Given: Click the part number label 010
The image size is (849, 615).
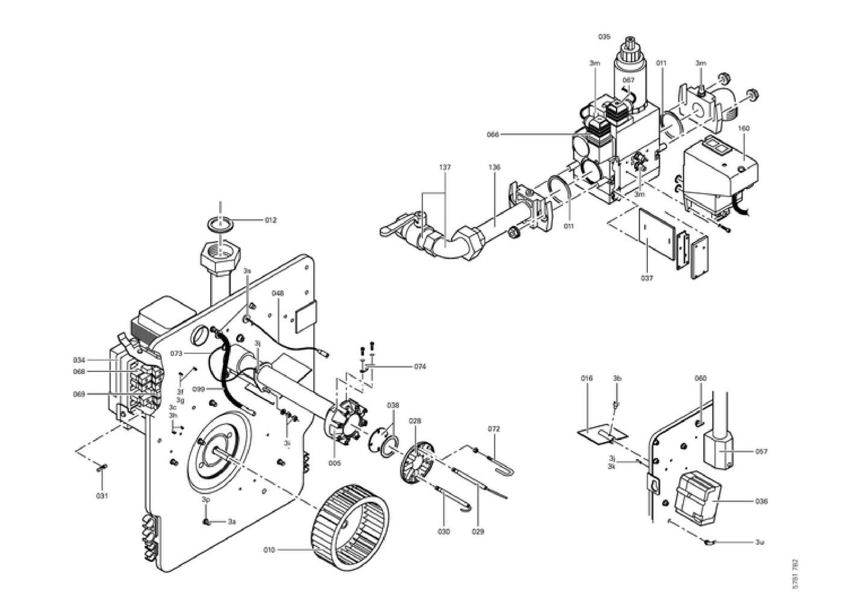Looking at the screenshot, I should coord(269,549).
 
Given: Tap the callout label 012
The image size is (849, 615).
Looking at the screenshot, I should coord(270,220).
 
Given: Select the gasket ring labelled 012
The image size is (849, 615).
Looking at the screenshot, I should coord(220,223).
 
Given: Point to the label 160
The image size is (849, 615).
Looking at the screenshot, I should coord(744,128).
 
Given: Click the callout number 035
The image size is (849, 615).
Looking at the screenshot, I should coord(604,37).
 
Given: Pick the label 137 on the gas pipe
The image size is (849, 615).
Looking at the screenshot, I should coord(445,167).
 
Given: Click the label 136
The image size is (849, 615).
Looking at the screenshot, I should coord(494,167).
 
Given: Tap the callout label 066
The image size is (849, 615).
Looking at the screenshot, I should coord(493,134).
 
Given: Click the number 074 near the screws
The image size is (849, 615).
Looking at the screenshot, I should coord(420,366).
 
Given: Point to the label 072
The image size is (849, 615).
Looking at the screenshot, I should coord(494,429).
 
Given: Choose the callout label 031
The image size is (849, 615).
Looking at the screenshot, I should coord(102,496).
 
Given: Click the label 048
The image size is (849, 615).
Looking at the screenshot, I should coord(278,293).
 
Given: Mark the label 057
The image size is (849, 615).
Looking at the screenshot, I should coord(762,451).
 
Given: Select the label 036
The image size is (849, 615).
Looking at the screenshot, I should coord(762,501).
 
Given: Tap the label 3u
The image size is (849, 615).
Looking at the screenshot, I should coord(760,542).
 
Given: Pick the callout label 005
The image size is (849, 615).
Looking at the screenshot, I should coord(334,463).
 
